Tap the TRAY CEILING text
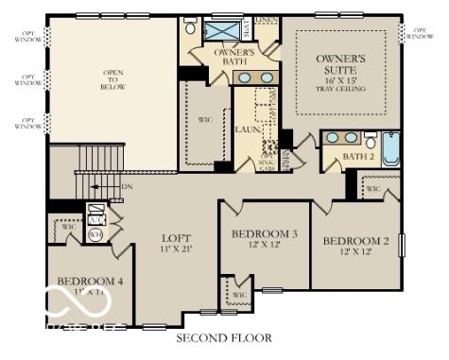coord(340,90)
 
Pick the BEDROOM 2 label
coord(355,242)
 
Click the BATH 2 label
coord(357,157)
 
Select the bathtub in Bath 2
coord(390,149)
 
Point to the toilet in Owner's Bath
coord(191,27)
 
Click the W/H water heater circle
coord(95,234)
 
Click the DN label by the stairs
coord(127,187)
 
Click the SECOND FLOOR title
coord(224,337)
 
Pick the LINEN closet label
coord(267,19)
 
